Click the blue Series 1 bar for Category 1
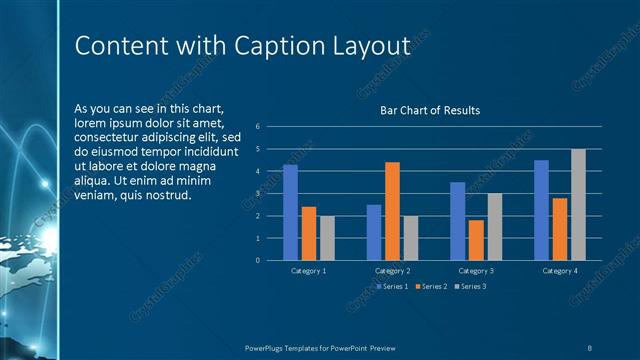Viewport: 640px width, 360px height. pos(290,212)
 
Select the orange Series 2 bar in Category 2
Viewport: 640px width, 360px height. pos(392,211)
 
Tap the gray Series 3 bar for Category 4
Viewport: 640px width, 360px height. pos(578,204)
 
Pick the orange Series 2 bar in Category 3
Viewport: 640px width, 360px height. pos(476,240)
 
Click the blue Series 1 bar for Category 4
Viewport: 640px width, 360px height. pos(541,210)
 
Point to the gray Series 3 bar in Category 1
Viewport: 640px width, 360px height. pos(327,238)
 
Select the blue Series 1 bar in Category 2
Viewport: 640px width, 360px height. pos(374,232)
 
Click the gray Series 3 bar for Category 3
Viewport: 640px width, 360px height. pos(494,226)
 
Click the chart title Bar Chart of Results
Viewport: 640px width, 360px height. pos(430,110)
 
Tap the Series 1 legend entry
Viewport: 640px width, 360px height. pos(392,287)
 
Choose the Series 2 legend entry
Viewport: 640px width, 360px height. pos(431,287)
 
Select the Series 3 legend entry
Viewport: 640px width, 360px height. pos(470,287)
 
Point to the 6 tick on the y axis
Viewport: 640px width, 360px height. pos(258,127)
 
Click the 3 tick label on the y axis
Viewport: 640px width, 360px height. pos(258,194)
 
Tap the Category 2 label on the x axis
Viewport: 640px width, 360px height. pos(392,271)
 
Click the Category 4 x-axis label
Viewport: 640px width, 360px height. pos(559,271)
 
